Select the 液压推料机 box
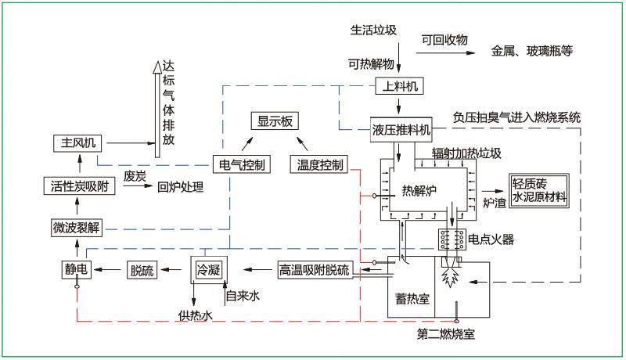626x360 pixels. coord(401,128)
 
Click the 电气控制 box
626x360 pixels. coord(243,164)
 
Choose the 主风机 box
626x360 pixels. coord(79,143)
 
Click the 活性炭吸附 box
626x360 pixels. coord(80,186)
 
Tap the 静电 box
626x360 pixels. coord(77,270)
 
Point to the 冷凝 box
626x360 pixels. coord(207,269)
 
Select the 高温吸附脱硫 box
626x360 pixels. coord(315,270)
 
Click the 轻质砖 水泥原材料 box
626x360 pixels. coord(538,191)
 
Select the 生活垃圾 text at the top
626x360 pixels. coord(373,31)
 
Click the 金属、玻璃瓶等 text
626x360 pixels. coord(532,52)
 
